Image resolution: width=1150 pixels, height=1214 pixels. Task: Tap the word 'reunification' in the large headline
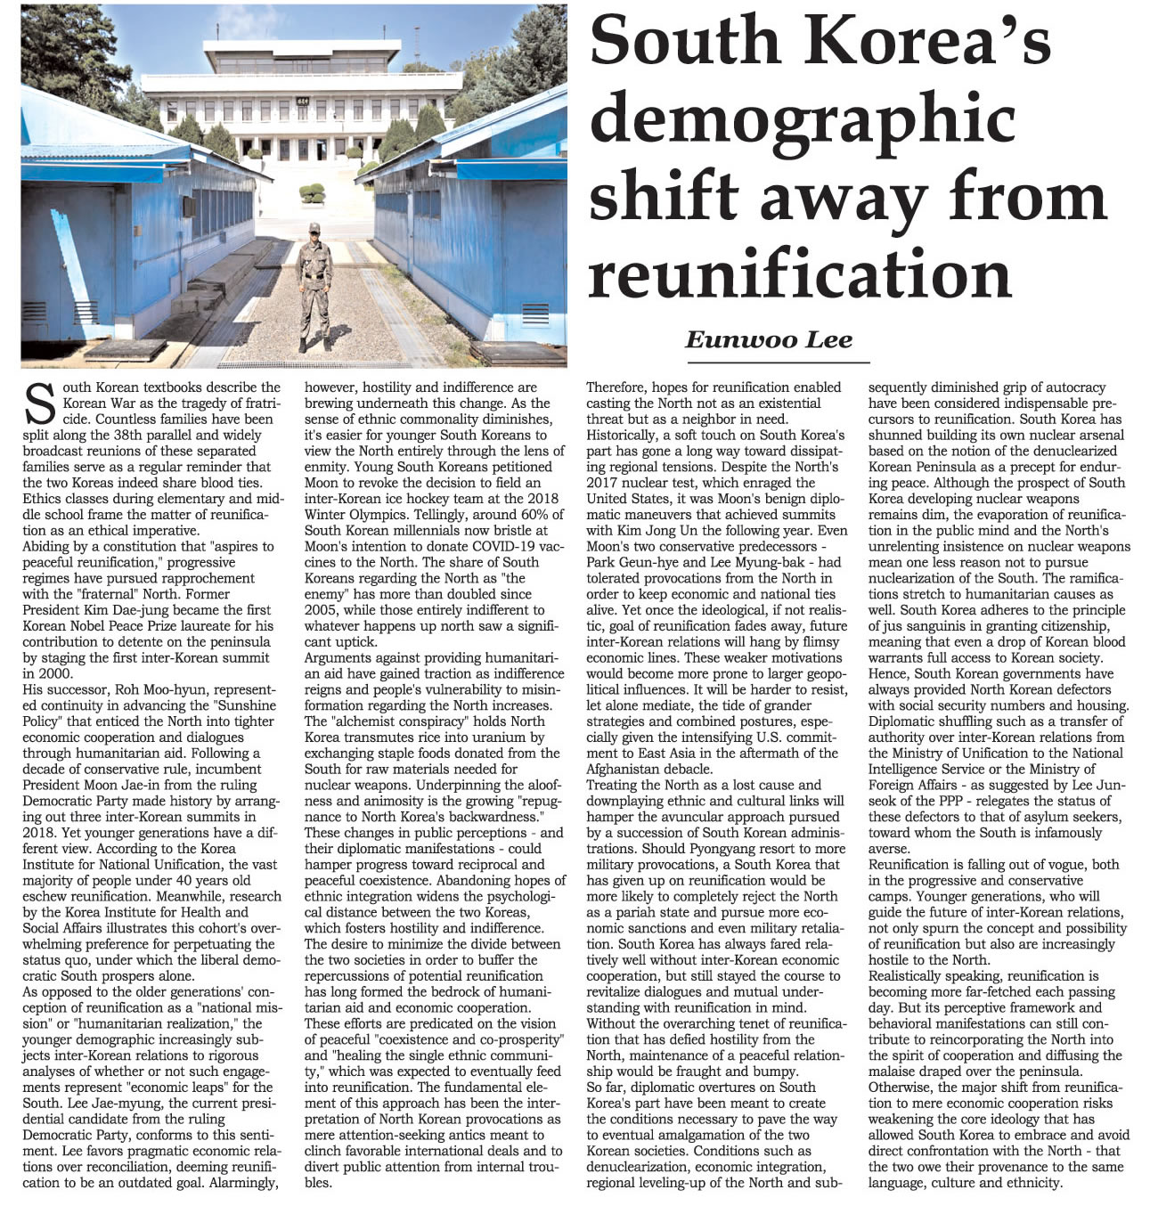tap(799, 273)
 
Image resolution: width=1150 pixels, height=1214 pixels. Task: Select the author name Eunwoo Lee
tap(768, 339)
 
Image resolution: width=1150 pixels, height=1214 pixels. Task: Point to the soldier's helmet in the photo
tap(314, 228)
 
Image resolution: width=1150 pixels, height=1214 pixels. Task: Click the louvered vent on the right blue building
tap(535, 314)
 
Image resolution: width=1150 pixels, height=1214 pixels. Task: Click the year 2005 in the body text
tap(322, 610)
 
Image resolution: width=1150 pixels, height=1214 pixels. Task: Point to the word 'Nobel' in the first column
tap(107, 626)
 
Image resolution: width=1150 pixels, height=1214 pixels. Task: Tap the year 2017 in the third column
tap(602, 483)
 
